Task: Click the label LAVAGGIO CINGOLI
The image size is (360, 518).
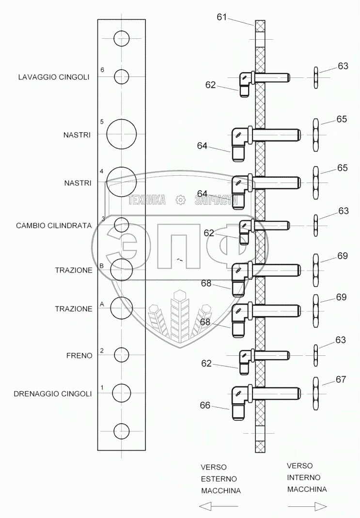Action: (x=54, y=77)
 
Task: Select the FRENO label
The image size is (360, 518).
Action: (x=79, y=355)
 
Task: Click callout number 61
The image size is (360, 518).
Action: (x=222, y=17)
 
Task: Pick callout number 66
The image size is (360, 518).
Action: (x=205, y=405)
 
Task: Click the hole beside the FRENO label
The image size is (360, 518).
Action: (x=121, y=355)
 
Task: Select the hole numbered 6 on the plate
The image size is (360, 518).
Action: (x=121, y=76)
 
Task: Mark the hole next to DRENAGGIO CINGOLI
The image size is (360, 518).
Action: (x=121, y=393)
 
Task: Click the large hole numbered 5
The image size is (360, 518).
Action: (x=121, y=134)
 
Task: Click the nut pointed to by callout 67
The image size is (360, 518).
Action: (x=315, y=389)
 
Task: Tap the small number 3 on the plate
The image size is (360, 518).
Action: (x=103, y=219)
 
